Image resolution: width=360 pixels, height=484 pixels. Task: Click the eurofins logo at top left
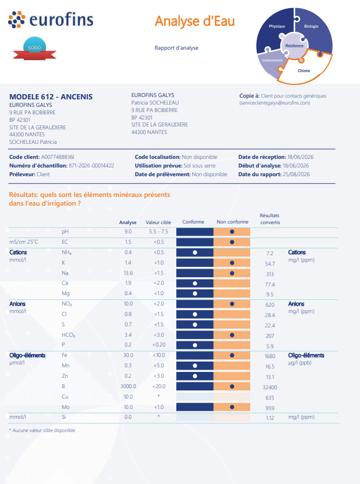(51, 20)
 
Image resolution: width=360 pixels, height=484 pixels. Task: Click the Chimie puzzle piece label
(304, 70)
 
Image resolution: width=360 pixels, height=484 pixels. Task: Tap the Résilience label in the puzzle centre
(294, 46)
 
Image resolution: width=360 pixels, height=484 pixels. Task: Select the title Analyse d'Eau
(195, 21)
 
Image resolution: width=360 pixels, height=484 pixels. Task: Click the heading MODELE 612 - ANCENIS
(51, 96)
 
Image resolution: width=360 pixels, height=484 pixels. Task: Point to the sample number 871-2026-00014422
(91, 165)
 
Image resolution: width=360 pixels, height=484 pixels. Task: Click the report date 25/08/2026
(296, 174)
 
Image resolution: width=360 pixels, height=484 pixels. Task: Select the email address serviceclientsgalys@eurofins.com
(275, 103)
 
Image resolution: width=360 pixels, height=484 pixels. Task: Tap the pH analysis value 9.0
(128, 232)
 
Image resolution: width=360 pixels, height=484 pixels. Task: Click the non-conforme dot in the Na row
(232, 273)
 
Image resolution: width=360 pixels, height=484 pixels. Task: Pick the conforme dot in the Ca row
(195, 284)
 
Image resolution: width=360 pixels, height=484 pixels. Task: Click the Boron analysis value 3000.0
(128, 386)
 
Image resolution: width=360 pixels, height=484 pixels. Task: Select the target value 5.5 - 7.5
(158, 232)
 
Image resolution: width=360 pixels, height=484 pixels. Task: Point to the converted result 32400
(270, 388)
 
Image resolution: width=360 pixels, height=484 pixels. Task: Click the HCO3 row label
(68, 335)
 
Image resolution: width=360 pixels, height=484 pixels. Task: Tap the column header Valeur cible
(158, 222)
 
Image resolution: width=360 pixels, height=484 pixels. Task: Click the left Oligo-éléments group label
(27, 355)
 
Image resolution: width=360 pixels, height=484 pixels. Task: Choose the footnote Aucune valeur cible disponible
(42, 430)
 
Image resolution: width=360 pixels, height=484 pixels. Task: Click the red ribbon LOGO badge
(35, 49)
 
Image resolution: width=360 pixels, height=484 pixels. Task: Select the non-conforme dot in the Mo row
(232, 407)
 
